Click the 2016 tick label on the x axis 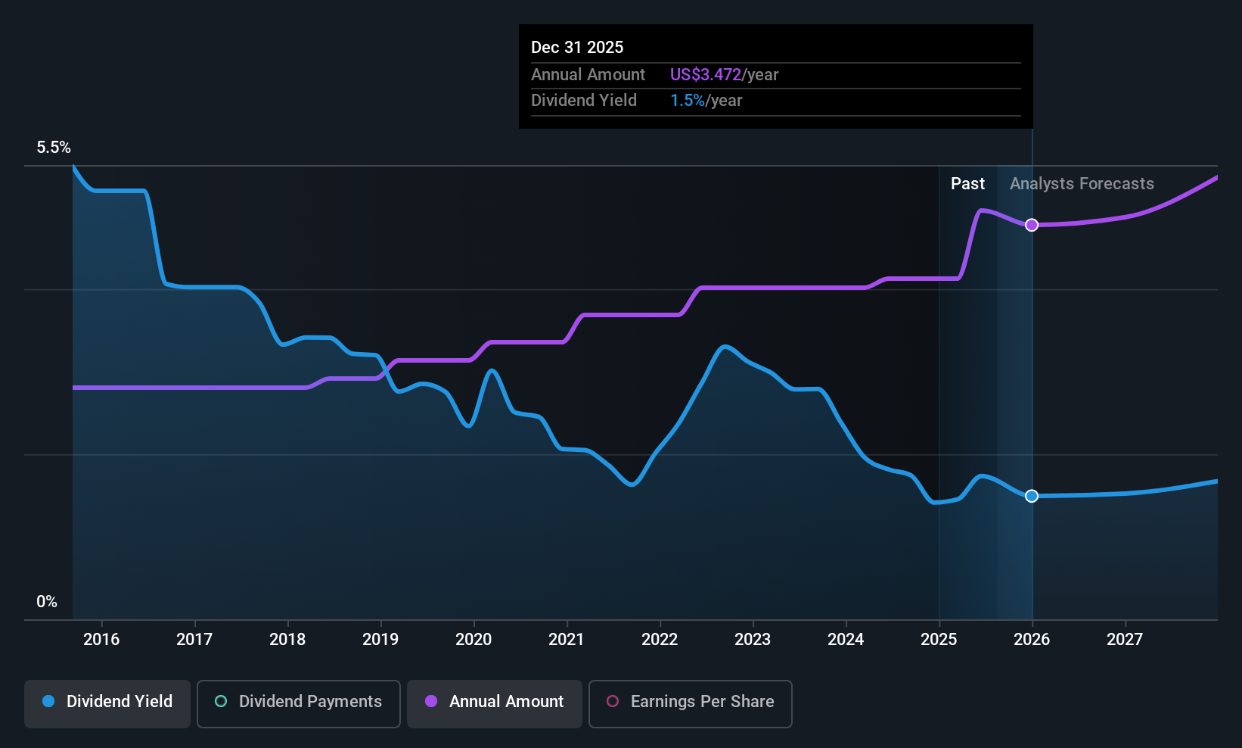point(101,640)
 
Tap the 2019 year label point(380,640)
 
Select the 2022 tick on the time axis point(660,640)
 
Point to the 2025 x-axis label point(939,640)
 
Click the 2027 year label point(1125,640)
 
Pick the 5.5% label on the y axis point(54,148)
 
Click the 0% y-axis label point(47,602)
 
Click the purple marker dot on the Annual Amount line point(1032,225)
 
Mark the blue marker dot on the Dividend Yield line point(1032,496)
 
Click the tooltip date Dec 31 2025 point(577,48)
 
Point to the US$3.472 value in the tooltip point(706,75)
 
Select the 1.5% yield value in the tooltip point(688,101)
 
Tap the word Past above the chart point(967,184)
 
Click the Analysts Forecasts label point(1082,184)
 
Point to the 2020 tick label point(474,640)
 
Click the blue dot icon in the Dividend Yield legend point(48,701)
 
